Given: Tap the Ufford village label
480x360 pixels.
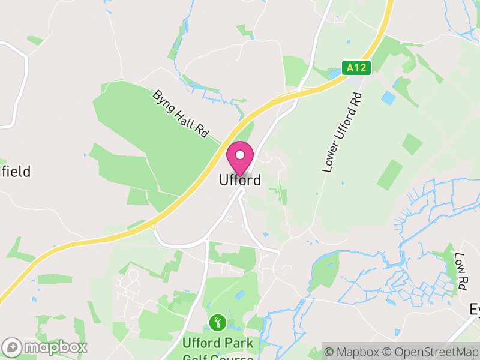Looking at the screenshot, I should click(240, 179).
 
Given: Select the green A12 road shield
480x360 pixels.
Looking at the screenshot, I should click(357, 68).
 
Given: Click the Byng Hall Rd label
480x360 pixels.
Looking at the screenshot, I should click(179, 114).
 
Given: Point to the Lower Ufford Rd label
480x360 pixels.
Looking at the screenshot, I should click(343, 133).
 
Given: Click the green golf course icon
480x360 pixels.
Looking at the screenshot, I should click(217, 323).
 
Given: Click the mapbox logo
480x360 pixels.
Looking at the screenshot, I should click(45, 347).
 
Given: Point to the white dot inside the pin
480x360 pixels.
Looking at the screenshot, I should click(240, 155).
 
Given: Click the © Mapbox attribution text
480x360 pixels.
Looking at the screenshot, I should click(357, 352).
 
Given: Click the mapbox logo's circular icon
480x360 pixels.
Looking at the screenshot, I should click(12, 347).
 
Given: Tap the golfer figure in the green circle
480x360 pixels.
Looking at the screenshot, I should click(217, 323).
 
